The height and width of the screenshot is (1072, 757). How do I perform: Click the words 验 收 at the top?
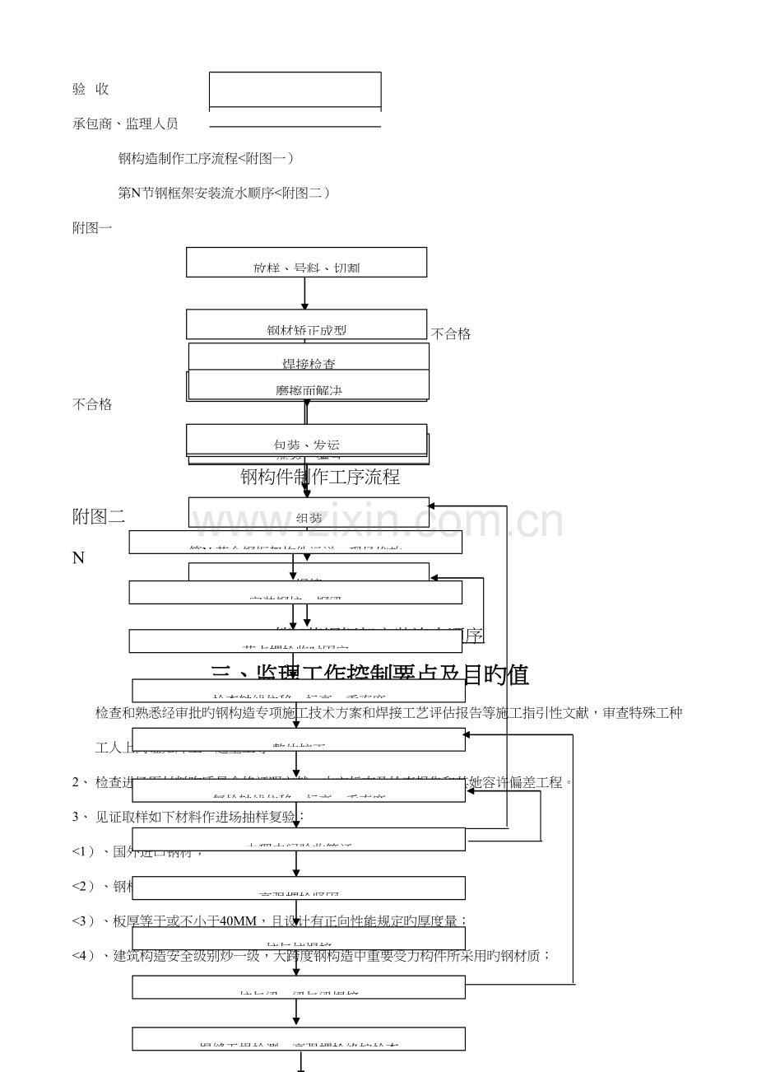click(x=91, y=89)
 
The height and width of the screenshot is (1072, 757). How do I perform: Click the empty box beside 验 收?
click(x=295, y=90)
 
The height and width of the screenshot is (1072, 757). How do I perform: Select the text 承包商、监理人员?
click(x=125, y=124)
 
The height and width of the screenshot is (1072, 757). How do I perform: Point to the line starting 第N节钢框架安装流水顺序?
click(x=224, y=193)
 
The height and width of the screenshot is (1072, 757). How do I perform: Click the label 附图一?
click(x=92, y=227)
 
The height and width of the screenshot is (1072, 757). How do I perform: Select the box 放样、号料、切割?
click(x=306, y=263)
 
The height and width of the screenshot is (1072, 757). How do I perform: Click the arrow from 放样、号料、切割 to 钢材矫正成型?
click(x=305, y=293)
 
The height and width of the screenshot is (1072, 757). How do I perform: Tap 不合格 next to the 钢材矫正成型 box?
click(x=451, y=333)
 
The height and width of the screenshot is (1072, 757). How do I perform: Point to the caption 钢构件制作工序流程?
click(x=319, y=477)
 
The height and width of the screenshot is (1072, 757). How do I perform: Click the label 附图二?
click(x=99, y=516)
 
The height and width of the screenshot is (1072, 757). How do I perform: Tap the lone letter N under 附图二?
click(x=78, y=557)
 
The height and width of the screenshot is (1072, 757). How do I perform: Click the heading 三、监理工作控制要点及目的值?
click(x=369, y=675)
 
